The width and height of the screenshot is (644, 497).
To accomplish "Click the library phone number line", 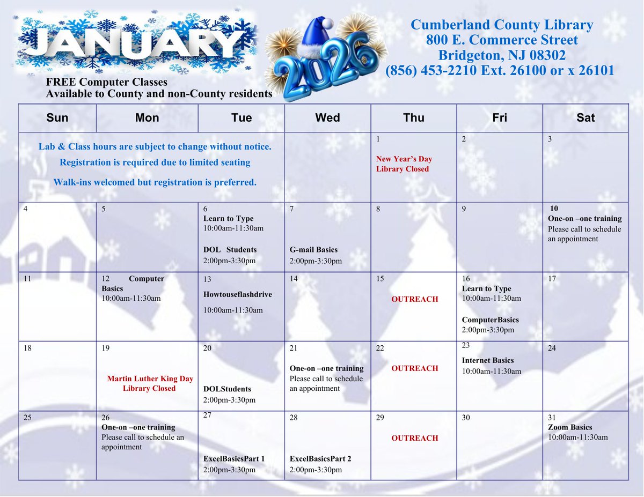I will pyautogui.click(x=500, y=71).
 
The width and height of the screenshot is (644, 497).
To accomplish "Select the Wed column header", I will pyautogui.click(x=327, y=118).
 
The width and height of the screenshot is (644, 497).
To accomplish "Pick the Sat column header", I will pyautogui.click(x=586, y=118).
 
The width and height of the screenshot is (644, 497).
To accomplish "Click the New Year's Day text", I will pyautogui.click(x=404, y=159).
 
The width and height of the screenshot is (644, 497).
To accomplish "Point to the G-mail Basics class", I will pyautogui.click(x=313, y=250).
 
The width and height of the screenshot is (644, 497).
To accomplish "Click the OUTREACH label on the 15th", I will pyautogui.click(x=414, y=299).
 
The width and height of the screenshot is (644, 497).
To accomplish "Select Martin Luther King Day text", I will pyautogui.click(x=150, y=379).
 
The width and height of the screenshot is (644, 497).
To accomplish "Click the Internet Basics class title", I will pyautogui.click(x=488, y=360).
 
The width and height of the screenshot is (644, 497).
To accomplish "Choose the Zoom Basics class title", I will pyautogui.click(x=570, y=427).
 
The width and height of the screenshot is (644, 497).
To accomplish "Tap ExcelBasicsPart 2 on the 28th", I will pyautogui.click(x=320, y=459).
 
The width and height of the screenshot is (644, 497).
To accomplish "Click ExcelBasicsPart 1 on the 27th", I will pyautogui.click(x=234, y=459).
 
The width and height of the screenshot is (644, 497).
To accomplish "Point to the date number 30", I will pyautogui.click(x=466, y=418).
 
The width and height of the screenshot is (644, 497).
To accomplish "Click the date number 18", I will pyautogui.click(x=28, y=348).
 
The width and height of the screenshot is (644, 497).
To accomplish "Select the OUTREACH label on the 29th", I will pyautogui.click(x=414, y=438).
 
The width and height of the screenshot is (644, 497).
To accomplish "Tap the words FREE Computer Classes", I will pyautogui.click(x=107, y=83).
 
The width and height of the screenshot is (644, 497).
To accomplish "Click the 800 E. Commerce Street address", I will pyautogui.click(x=502, y=40).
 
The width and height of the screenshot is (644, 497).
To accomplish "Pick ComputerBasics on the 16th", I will pyautogui.click(x=491, y=320).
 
